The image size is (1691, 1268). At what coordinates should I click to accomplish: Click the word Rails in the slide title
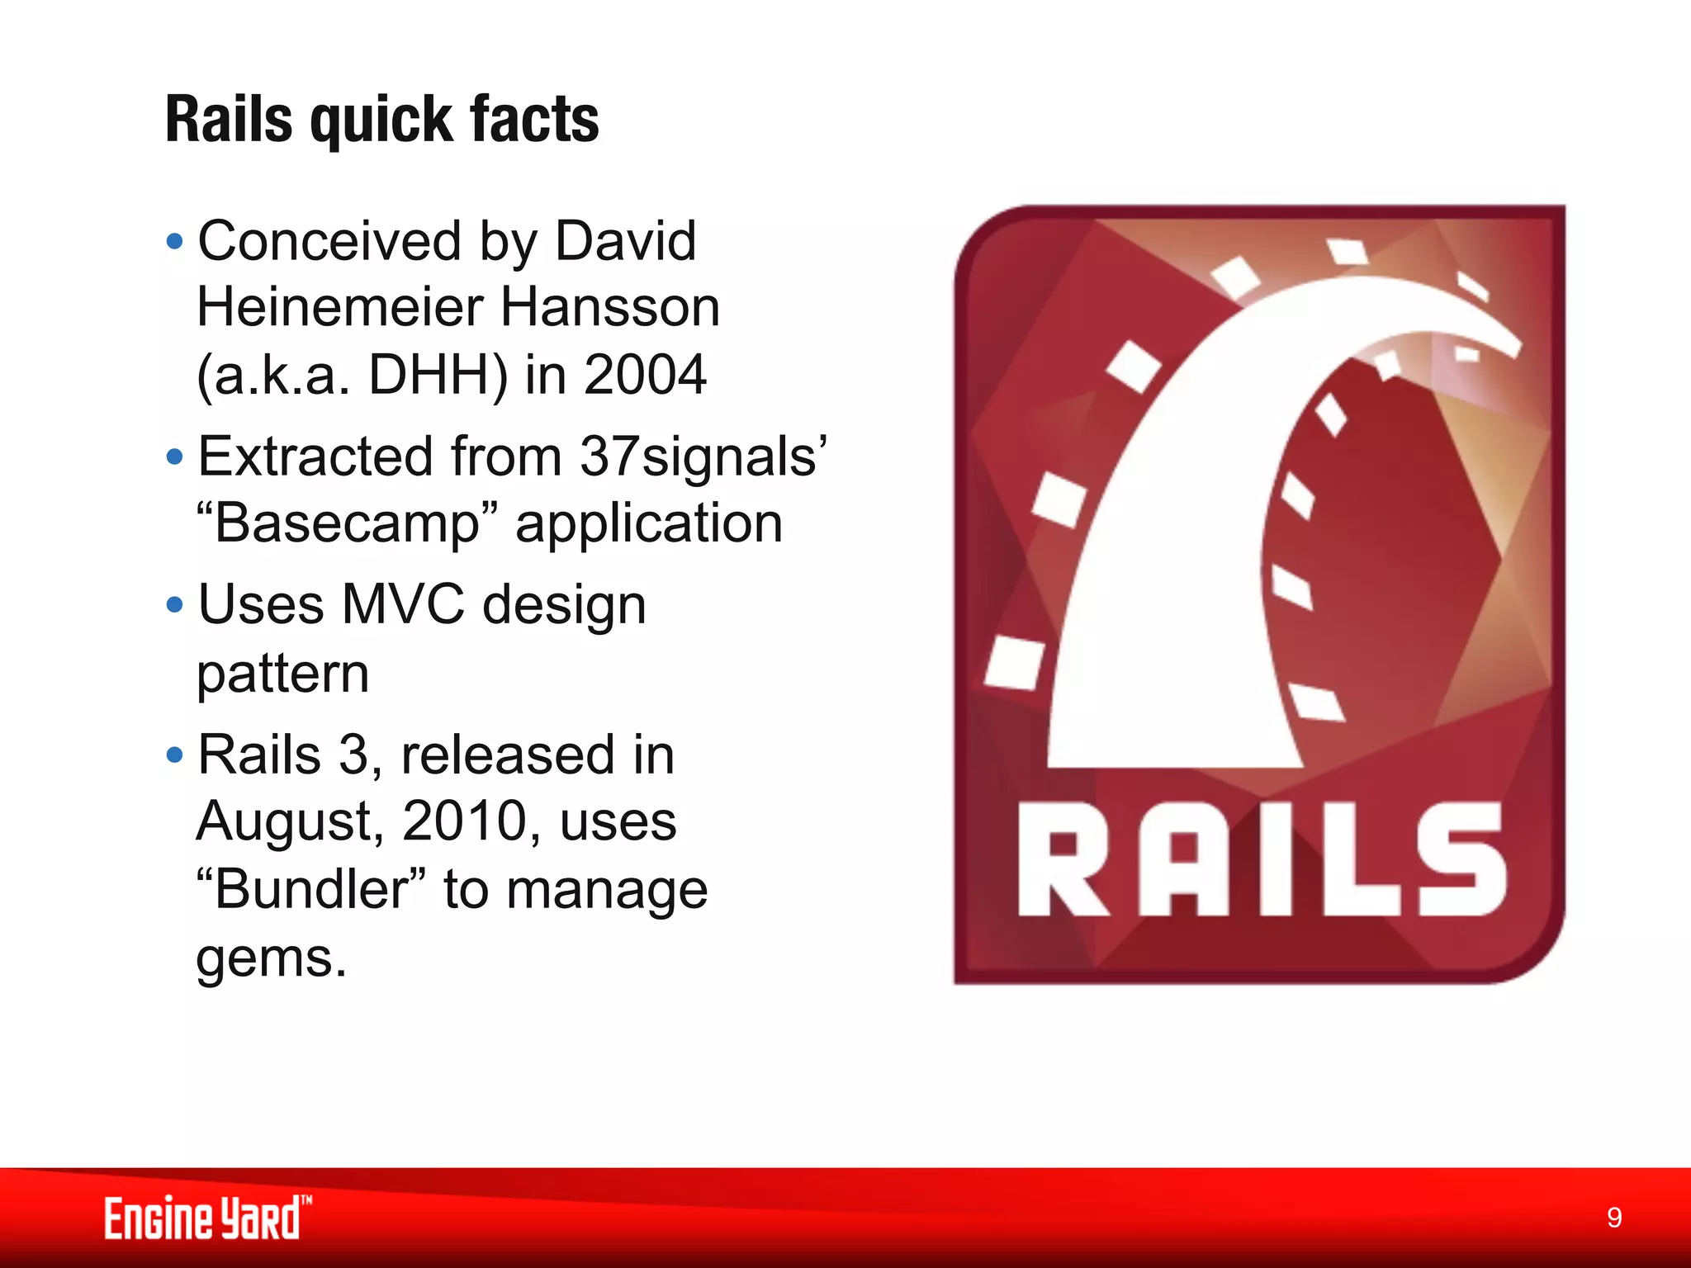pos(229,120)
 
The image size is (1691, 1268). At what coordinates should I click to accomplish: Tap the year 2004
pos(645,375)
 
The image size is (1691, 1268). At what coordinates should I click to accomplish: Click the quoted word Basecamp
pos(348,523)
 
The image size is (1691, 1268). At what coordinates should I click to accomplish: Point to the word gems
pos(271,958)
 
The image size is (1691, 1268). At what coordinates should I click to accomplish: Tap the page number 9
pos(1614,1218)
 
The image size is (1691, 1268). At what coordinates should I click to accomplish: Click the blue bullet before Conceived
pos(174,243)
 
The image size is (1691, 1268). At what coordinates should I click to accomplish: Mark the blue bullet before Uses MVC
pos(174,605)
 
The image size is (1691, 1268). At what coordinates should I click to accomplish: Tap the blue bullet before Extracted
pos(174,457)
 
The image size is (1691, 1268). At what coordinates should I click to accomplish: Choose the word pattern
pos(282,674)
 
